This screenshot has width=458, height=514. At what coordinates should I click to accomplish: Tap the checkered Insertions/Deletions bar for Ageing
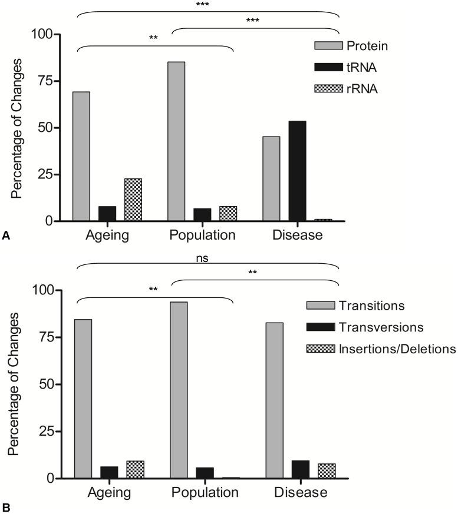pos(136,469)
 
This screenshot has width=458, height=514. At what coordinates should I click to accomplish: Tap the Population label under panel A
pos(202,236)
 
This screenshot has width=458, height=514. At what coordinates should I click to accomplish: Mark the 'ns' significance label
pos(204,257)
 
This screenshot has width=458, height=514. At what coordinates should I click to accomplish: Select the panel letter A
pos(6,236)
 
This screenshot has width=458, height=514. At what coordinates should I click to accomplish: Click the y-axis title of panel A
pos(18,128)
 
